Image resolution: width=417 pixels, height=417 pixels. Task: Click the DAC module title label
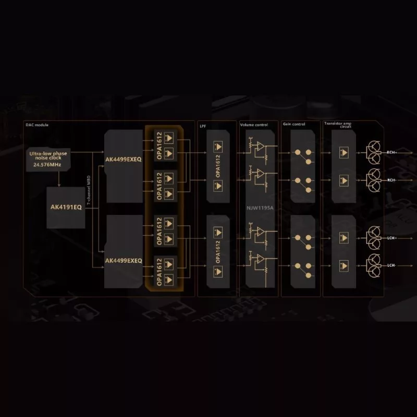(x=36, y=125)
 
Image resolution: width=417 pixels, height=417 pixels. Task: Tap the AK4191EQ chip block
(x=66, y=206)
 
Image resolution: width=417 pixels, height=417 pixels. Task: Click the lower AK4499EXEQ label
(x=123, y=260)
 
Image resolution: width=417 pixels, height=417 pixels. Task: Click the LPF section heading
(x=203, y=125)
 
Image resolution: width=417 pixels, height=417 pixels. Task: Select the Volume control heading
(x=254, y=125)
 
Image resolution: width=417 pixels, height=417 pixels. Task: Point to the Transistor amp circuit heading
(x=338, y=125)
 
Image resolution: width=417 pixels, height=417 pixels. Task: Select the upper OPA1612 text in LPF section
(x=217, y=166)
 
